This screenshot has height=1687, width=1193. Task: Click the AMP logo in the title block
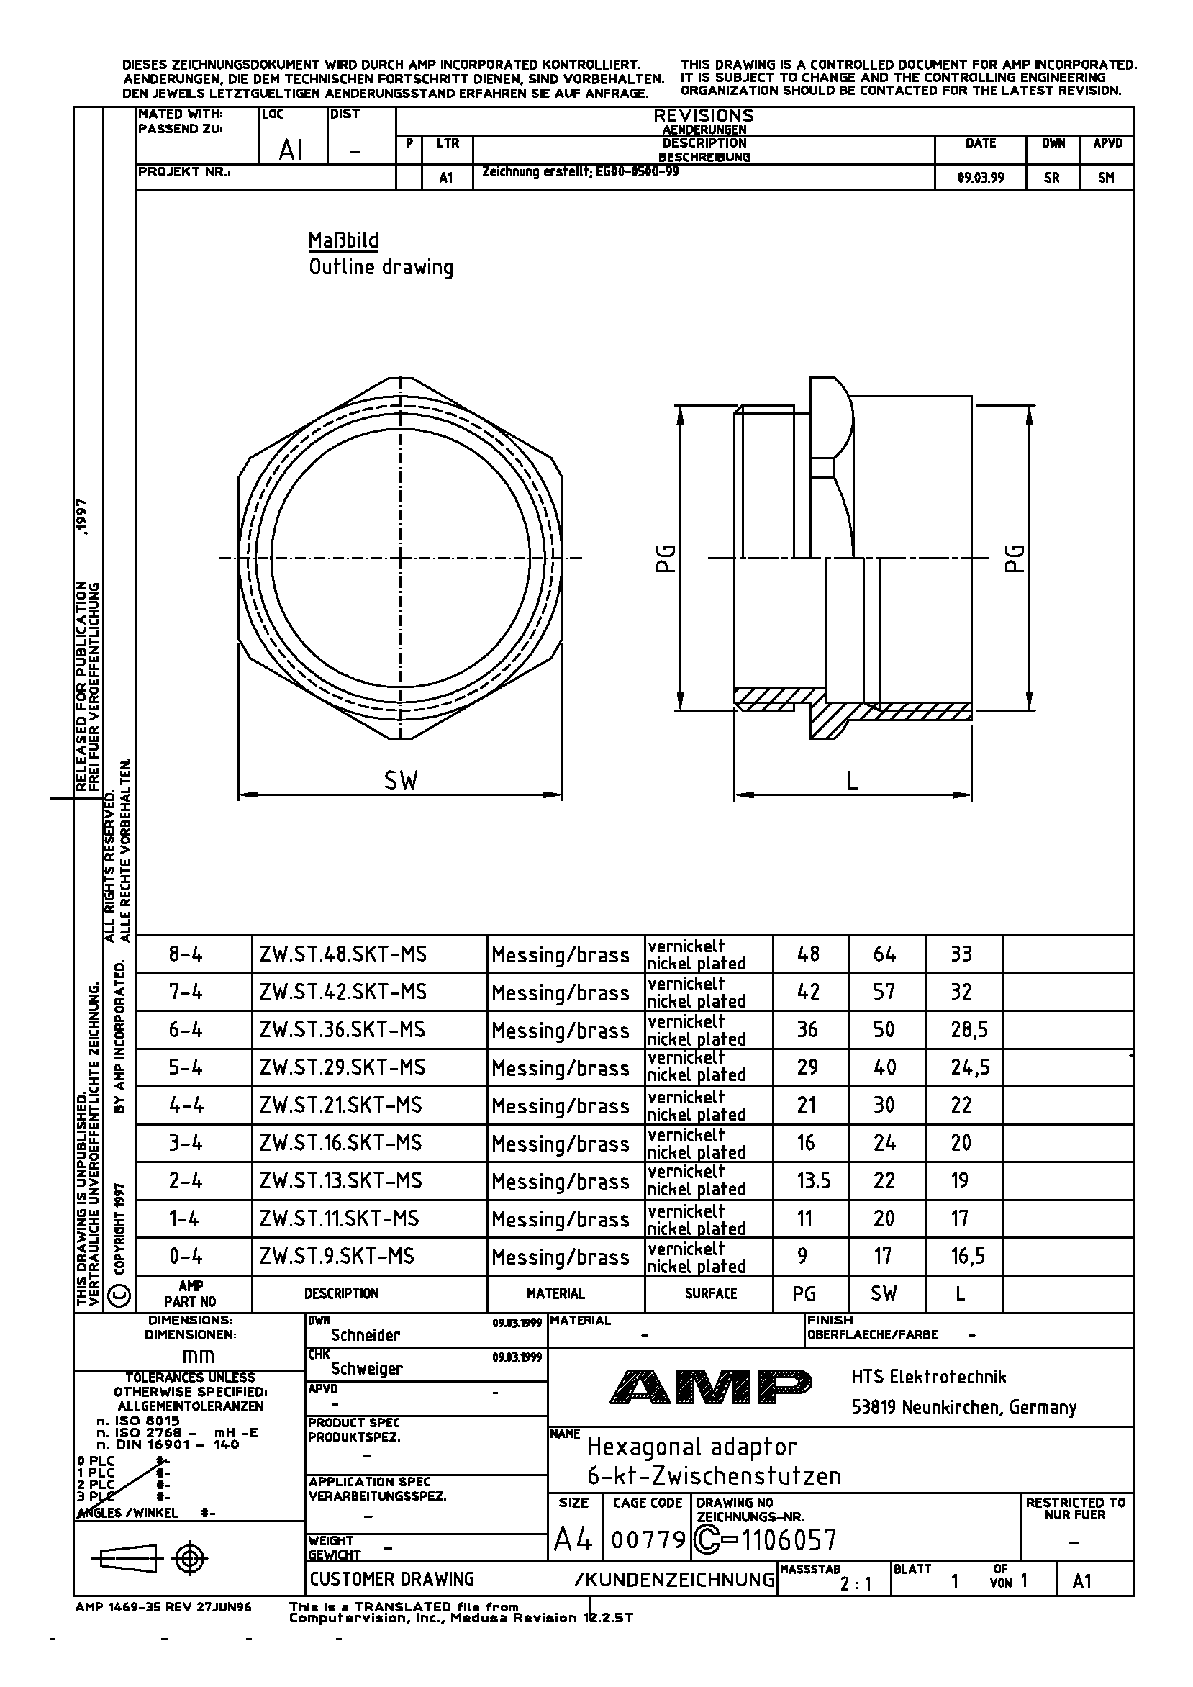coord(710,1385)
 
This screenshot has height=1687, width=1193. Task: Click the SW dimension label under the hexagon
coord(400,780)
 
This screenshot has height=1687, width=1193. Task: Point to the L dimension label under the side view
coord(852,780)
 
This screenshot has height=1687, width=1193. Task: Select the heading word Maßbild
coord(343,241)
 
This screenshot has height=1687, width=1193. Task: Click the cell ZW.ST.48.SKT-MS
coord(343,954)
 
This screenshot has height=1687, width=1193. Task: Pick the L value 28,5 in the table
coord(969,1029)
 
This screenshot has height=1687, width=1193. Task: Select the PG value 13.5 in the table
coord(813,1181)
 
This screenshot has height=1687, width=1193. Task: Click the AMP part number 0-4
coord(185,1257)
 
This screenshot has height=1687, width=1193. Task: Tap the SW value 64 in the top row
coord(884,954)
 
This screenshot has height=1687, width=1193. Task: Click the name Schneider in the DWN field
coord(365,1335)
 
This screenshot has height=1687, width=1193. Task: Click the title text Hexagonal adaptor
coord(691,1447)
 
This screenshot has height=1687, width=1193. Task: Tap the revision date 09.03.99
coord(980,177)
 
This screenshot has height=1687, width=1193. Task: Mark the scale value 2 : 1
coord(856,1584)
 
